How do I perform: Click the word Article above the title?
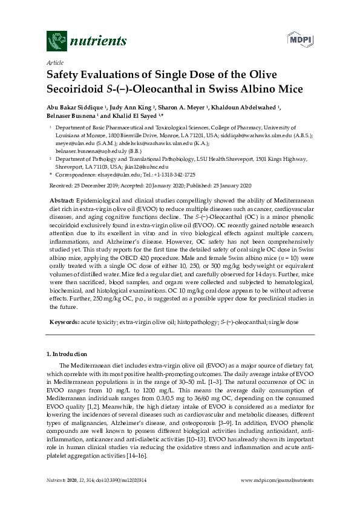click(x=54, y=62)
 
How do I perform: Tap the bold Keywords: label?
click(x=64, y=323)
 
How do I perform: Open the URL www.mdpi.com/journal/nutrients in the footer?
click(x=277, y=480)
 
